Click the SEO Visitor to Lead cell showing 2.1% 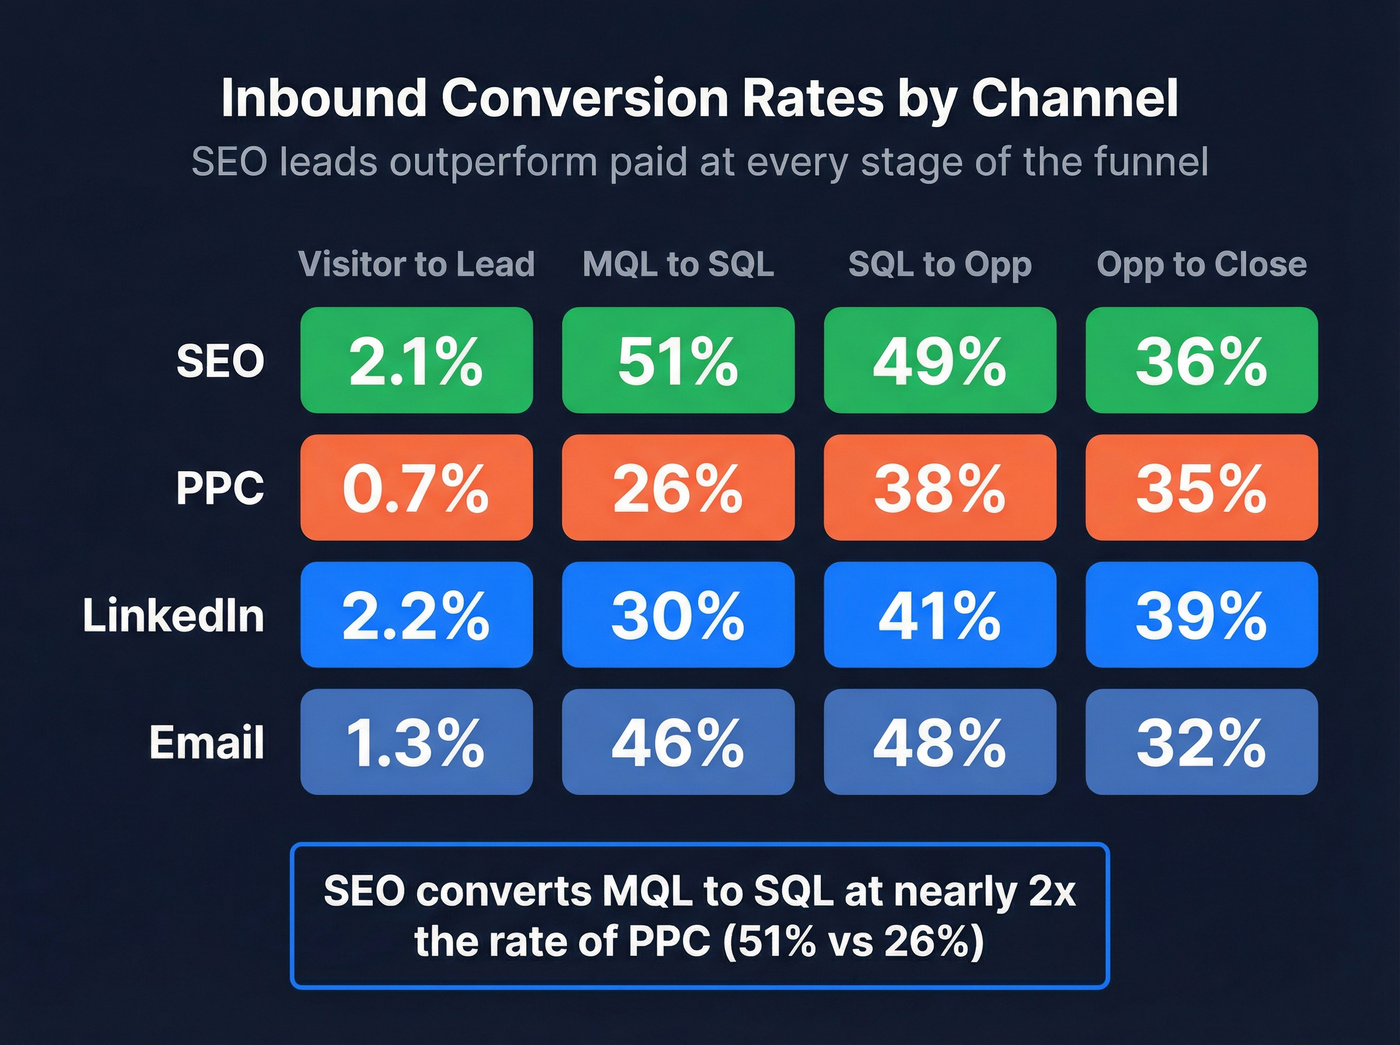[x=416, y=360]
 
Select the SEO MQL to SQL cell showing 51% [x=678, y=360]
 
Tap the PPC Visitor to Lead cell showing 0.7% [x=416, y=488]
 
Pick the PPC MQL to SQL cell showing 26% [x=678, y=488]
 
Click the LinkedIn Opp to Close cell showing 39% [x=1201, y=615]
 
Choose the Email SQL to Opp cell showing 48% [x=940, y=742]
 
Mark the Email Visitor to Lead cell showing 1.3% [x=416, y=742]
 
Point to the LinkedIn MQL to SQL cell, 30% [x=678, y=615]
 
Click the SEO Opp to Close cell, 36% [x=1201, y=360]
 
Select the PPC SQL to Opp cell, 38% [x=940, y=488]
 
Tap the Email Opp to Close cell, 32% [x=1201, y=742]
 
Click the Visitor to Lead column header [x=416, y=264]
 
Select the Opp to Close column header [x=1201, y=264]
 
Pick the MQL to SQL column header [x=678, y=264]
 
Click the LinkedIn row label [x=173, y=615]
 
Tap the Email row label [x=206, y=742]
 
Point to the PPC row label [x=220, y=488]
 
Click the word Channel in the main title [x=1074, y=98]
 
